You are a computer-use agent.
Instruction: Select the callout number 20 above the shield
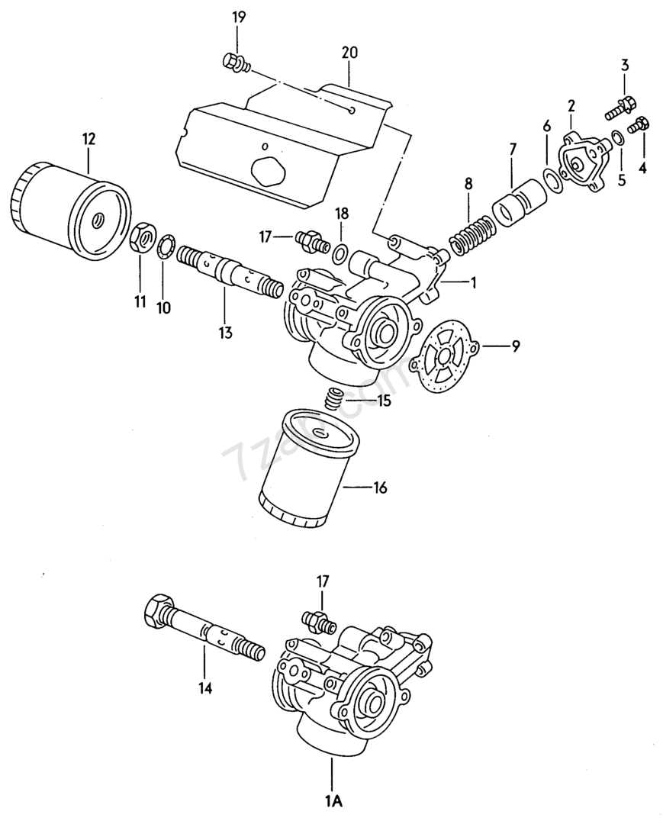(x=349, y=53)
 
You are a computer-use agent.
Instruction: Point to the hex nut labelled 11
(x=140, y=239)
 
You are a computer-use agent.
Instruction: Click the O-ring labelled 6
(x=553, y=179)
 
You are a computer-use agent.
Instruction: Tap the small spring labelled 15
(x=333, y=399)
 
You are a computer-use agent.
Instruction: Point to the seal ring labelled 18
(x=341, y=249)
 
